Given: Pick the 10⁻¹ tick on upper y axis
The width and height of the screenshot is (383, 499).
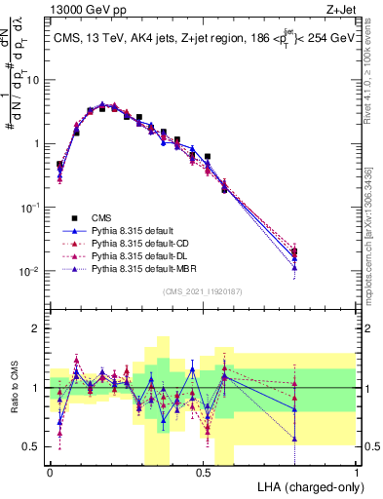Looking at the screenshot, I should [31, 208].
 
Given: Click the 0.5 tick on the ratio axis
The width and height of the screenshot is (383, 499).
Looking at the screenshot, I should [34, 446].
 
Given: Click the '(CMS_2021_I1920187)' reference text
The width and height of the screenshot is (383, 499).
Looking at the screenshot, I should [203, 291].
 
